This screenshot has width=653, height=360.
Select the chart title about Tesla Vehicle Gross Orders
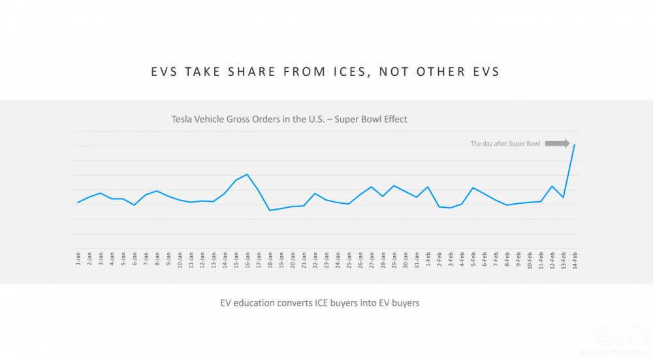point(289,119)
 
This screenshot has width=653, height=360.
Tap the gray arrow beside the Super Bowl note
point(558,143)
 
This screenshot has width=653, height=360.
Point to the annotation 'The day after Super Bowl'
point(505,144)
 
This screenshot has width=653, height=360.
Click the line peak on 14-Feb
point(574,144)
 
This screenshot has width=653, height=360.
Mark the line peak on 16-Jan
point(247,174)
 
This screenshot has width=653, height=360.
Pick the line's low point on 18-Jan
point(270,210)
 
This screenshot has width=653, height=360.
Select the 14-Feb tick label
point(574,259)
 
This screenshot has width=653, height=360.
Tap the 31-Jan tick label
point(416,259)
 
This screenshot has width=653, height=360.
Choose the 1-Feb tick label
point(428,259)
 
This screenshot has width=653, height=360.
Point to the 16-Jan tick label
point(247,259)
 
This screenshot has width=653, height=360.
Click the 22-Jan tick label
point(315,259)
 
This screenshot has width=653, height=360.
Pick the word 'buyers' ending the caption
point(404,303)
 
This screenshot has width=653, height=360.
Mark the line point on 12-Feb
point(552,186)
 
